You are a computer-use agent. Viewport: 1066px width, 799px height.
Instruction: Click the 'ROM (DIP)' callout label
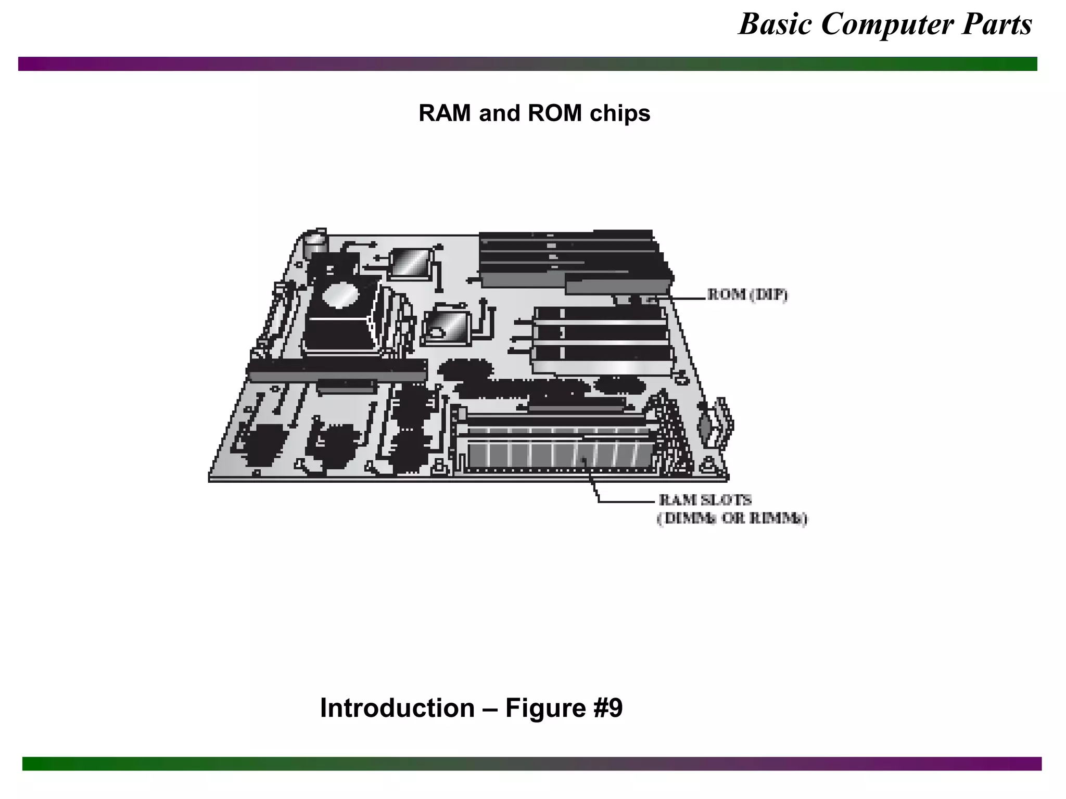747,295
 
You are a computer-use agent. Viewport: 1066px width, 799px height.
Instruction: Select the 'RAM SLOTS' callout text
705,500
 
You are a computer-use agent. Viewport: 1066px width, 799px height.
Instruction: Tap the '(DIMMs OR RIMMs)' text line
732,519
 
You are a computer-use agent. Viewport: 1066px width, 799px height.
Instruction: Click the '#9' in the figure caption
607,708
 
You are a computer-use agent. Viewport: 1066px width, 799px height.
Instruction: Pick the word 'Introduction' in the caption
397,708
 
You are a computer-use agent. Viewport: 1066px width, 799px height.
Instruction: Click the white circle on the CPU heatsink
341,295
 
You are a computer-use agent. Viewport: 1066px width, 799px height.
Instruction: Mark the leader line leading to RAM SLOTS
625,501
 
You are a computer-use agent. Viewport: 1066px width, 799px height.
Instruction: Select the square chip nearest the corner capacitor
411,263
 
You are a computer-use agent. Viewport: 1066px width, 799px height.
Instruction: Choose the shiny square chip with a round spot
447,326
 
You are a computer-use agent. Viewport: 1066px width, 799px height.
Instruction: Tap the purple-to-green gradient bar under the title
527,64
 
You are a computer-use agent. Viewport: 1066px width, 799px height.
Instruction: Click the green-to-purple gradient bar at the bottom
531,763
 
